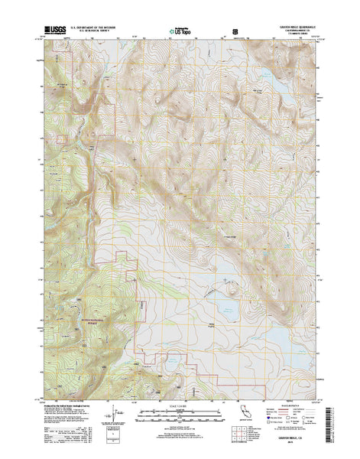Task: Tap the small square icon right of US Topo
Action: coord(235,32)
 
